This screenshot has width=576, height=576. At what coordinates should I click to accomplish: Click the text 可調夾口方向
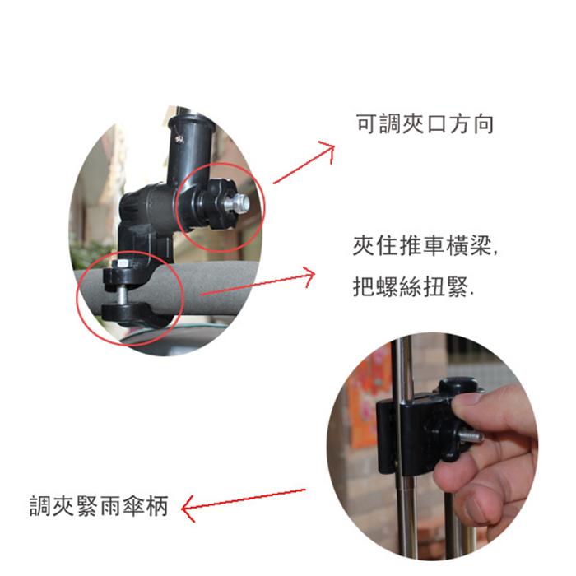tap(425, 124)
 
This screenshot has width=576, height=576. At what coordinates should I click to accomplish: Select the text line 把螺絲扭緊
tap(413, 286)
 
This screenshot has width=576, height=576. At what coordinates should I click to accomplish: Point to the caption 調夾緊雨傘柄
tap(99, 506)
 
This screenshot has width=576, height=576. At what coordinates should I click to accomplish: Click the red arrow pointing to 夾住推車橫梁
tap(258, 283)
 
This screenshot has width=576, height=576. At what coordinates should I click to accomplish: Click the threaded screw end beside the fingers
tap(471, 436)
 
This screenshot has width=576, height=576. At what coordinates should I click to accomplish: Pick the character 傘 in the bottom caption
tap(133, 506)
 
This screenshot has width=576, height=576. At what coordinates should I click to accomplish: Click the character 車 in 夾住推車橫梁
tap(434, 246)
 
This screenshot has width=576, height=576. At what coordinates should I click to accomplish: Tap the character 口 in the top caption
tap(436, 124)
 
